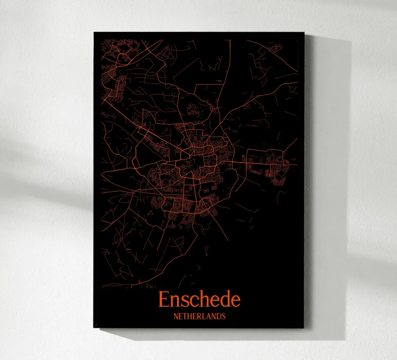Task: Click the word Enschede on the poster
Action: pyautogui.click(x=199, y=299)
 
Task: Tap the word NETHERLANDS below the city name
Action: pyautogui.click(x=199, y=316)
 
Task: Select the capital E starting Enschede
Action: pyautogui.click(x=163, y=299)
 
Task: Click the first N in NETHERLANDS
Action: pyautogui.click(x=176, y=316)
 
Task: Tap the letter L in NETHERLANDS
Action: pyautogui.click(x=204, y=316)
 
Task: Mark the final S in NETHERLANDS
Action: pyautogui.click(x=223, y=316)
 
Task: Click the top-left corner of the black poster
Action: pyautogui.click(x=94, y=32)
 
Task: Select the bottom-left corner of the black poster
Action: pyautogui.click(x=94, y=328)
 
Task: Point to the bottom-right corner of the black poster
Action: pyautogui.click(x=304, y=328)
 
